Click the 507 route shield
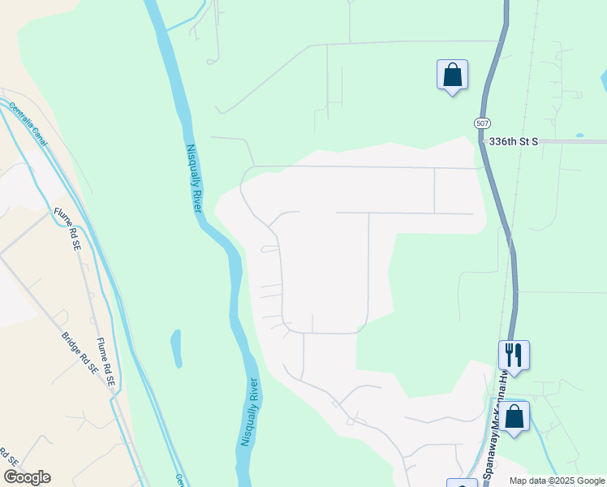click(482, 123)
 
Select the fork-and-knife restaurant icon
click(514, 354)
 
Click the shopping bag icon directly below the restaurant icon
click(514, 417)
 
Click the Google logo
click(27, 477)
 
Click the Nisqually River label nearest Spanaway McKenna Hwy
click(251, 412)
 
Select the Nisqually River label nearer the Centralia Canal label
click(193, 178)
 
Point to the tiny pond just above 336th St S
click(579, 135)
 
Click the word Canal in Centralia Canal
click(38, 135)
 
